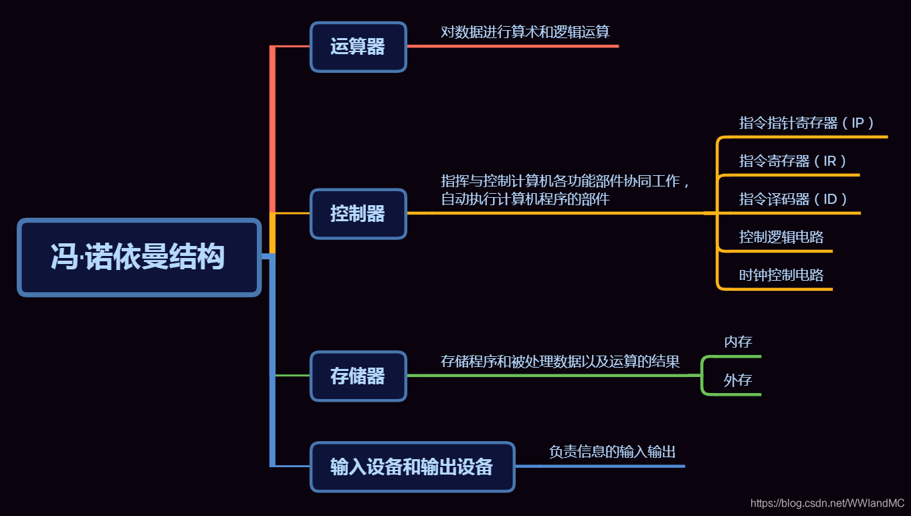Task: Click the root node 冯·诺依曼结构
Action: (138, 257)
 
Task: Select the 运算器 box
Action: (358, 47)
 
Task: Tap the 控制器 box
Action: (358, 213)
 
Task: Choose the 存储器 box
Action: (358, 376)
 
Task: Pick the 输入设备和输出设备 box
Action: (412, 467)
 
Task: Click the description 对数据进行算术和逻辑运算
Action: (524, 31)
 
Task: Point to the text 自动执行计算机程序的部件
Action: (524, 199)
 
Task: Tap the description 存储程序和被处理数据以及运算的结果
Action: (560, 362)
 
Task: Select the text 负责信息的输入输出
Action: (612, 452)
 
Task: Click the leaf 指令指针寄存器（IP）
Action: (807, 123)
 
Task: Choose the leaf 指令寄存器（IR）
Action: (793, 161)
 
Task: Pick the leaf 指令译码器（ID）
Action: (793, 199)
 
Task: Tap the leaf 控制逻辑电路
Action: (781, 237)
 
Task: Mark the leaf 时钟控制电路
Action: (781, 275)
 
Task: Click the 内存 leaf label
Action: (738, 342)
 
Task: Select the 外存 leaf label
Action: (738, 380)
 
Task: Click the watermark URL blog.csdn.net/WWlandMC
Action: (827, 503)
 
